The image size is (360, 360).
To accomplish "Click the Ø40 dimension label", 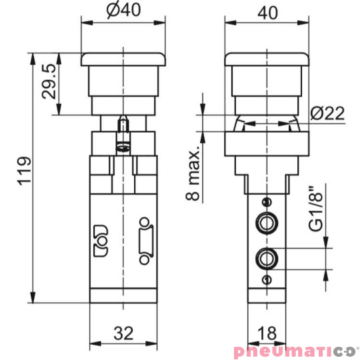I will pos(122,11).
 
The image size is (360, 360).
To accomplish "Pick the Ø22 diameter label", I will pos(327,115).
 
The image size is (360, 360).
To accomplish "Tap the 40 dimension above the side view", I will pos(267,11).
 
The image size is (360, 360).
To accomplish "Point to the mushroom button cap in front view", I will pos(122,60).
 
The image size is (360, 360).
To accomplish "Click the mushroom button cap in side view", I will pos(267,60).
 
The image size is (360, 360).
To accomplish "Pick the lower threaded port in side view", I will pos(267,256).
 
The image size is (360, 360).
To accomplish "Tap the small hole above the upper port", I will pos(267,203).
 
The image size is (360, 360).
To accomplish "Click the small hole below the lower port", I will pos(267,279).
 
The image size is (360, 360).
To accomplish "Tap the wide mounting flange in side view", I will pos(267,144).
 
